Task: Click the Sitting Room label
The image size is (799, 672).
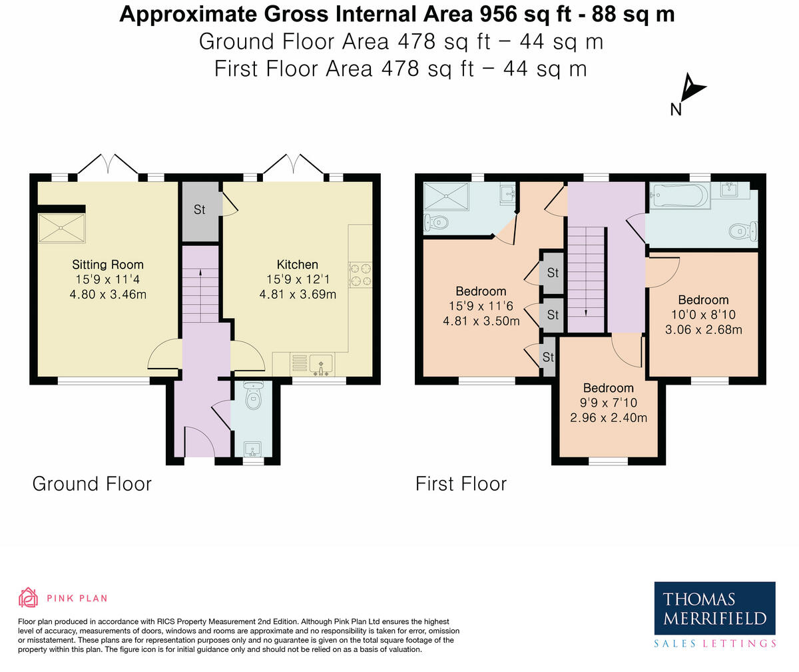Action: click(x=108, y=265)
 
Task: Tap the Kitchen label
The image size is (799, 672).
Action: click(x=298, y=265)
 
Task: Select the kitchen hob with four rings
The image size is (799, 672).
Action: click(x=360, y=275)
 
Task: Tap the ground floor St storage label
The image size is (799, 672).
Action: click(x=199, y=209)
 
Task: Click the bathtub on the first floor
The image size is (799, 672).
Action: click(x=680, y=195)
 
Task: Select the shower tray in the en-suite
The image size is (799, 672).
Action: click(x=446, y=196)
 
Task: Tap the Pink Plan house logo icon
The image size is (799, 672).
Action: click(x=29, y=598)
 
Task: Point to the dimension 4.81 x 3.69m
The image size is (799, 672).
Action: click(x=298, y=295)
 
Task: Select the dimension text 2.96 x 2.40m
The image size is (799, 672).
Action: click(x=609, y=417)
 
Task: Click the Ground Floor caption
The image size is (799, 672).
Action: click(x=92, y=484)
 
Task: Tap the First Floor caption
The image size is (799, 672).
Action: click(x=461, y=484)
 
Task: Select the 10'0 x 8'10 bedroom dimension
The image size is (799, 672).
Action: click(x=703, y=315)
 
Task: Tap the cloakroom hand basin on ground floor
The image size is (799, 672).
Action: click(x=252, y=449)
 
